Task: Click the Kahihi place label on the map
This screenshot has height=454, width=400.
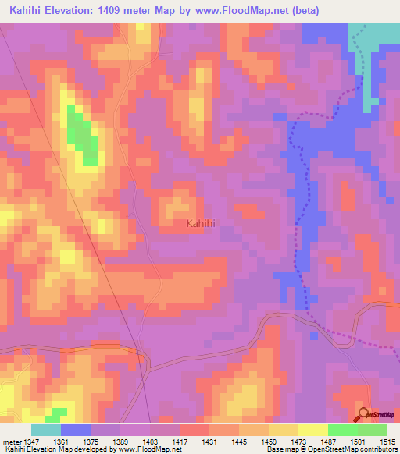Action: click(x=201, y=223)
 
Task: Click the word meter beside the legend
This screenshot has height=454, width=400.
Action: click(x=12, y=442)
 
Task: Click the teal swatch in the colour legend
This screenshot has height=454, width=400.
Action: click(x=46, y=430)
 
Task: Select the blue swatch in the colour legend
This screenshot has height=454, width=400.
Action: click(x=76, y=430)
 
